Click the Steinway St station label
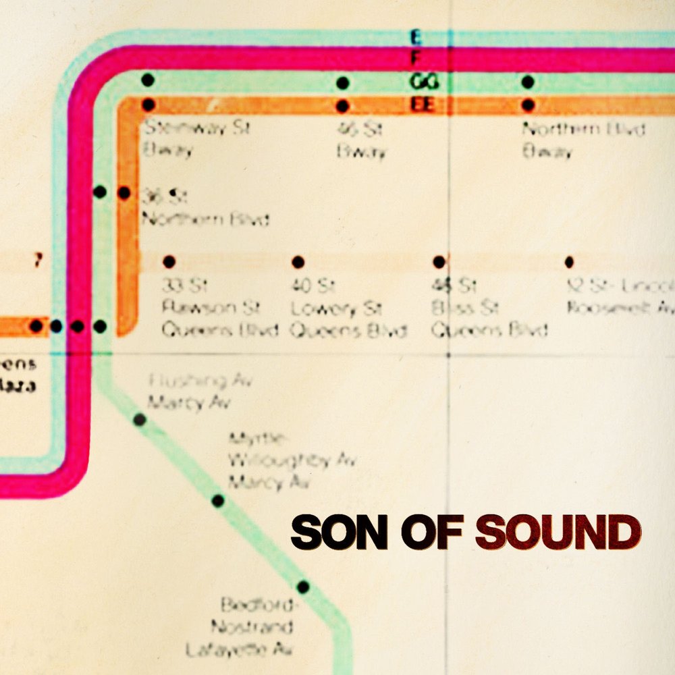[196, 138]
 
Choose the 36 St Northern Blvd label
[205, 208]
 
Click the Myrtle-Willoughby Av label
[290, 461]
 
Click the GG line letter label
[425, 82]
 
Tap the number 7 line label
[38, 261]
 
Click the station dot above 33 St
[169, 262]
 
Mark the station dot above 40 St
[298, 262]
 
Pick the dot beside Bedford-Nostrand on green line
[303, 587]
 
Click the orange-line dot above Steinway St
[148, 105]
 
